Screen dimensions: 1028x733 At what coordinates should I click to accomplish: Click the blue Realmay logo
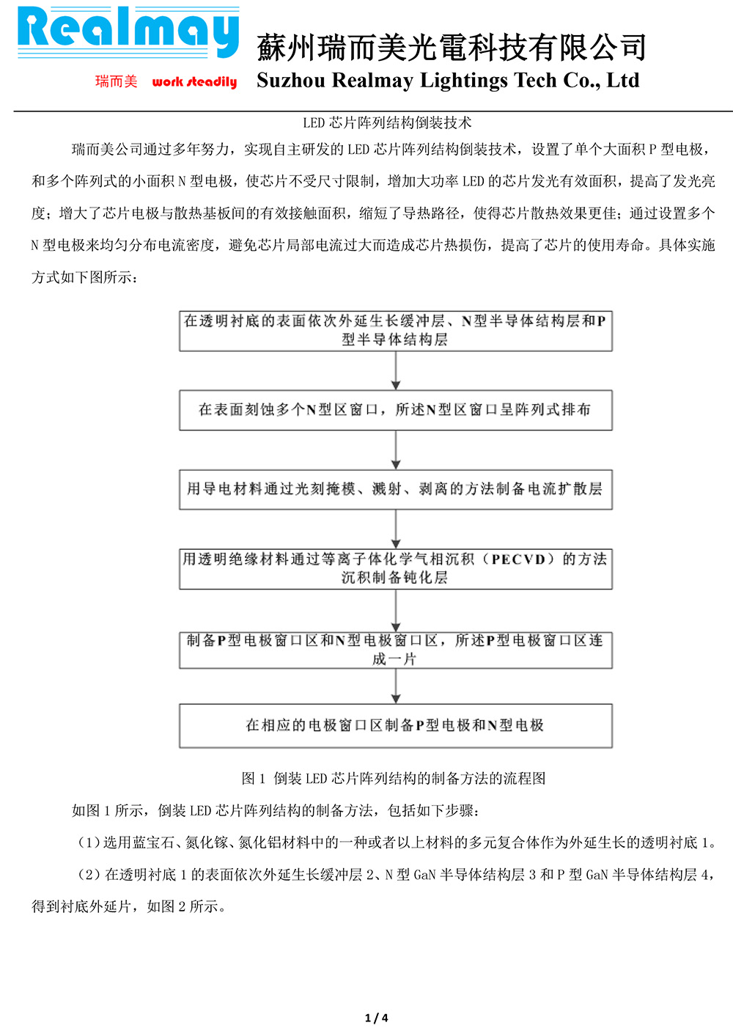point(128,32)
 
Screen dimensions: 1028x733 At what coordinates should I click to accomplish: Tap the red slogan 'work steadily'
point(194,82)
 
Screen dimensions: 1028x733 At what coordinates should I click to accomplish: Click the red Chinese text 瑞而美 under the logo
point(116,81)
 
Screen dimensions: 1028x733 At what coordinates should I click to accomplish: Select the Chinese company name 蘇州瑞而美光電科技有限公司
point(452,48)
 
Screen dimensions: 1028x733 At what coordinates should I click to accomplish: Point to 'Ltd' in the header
point(623,80)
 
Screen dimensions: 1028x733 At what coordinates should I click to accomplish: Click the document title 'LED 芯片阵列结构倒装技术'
point(387,123)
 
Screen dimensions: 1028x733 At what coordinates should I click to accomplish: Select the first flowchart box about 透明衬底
point(396,331)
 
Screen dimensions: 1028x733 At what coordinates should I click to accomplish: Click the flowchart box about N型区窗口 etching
point(396,410)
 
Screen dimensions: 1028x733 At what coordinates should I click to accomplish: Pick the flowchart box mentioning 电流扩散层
point(396,489)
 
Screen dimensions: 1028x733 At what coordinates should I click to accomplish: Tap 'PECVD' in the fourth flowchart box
point(518,559)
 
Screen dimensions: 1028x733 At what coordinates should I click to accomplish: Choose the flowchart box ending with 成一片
point(396,650)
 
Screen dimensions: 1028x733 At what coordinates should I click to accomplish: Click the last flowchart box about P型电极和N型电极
point(396,725)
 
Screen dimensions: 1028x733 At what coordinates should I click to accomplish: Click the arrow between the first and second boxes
point(396,371)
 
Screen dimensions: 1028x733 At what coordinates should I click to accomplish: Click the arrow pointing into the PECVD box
point(396,529)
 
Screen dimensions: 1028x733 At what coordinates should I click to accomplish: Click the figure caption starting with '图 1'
point(394,778)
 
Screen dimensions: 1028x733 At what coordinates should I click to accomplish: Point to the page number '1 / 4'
point(377,1018)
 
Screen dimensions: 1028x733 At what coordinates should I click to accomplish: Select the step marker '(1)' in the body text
point(89,842)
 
